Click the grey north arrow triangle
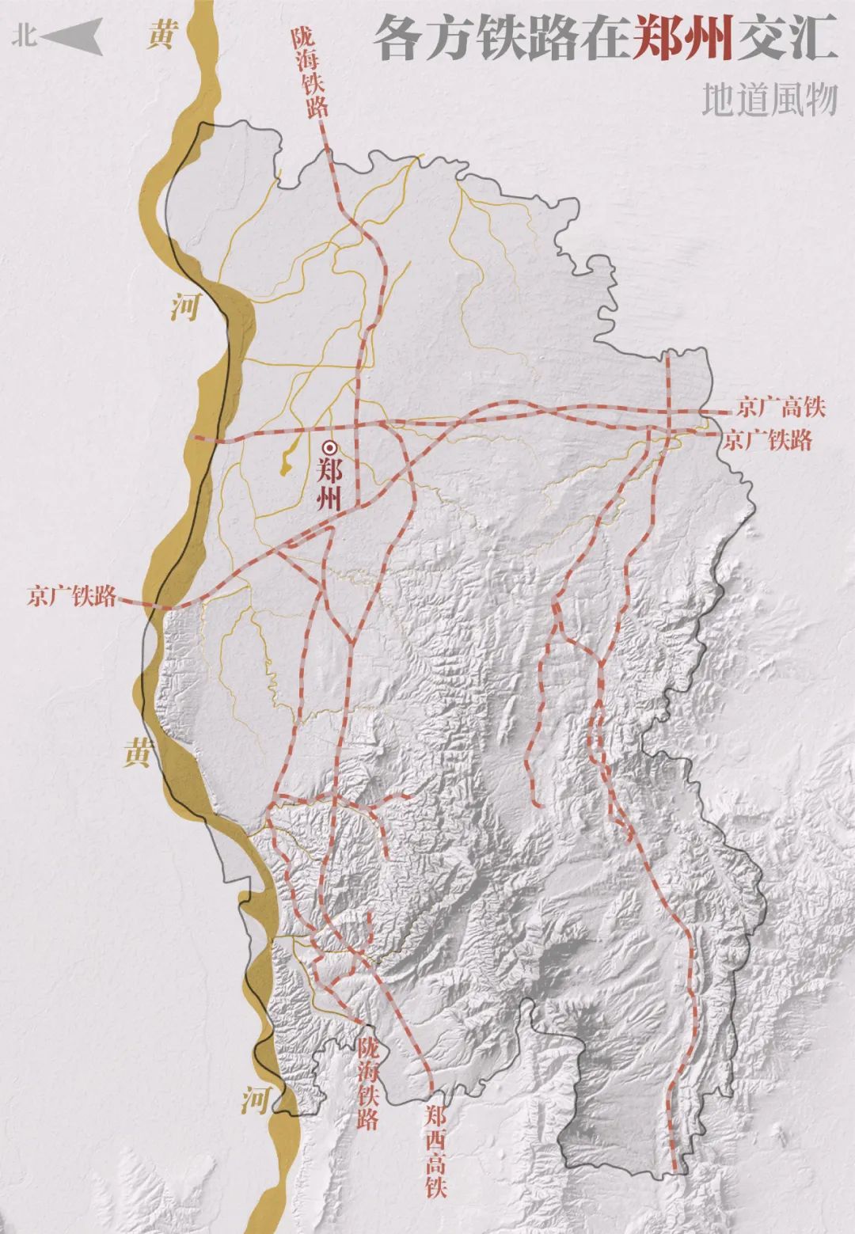(x=74, y=36)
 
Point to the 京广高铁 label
(x=781, y=408)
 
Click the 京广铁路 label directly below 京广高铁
(x=768, y=441)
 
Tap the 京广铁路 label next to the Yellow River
(x=72, y=596)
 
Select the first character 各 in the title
(x=400, y=39)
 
